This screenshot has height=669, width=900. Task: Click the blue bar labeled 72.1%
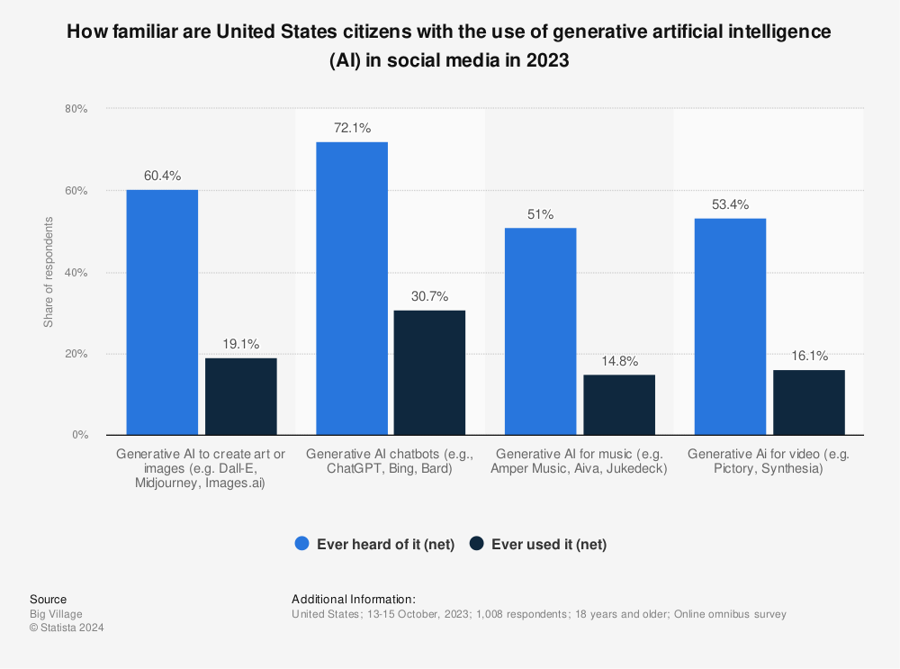pyautogui.click(x=351, y=288)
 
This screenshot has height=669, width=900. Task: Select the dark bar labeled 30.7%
pyautogui.click(x=429, y=373)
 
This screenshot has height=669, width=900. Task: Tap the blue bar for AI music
pyautogui.click(x=540, y=331)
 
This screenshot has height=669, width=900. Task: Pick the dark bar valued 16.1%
pyautogui.click(x=808, y=402)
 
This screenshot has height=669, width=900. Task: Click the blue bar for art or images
pyautogui.click(x=162, y=312)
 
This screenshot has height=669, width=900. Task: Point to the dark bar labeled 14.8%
pyautogui.click(x=619, y=405)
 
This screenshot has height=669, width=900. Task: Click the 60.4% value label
pyautogui.click(x=162, y=176)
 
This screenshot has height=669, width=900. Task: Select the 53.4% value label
pyautogui.click(x=730, y=203)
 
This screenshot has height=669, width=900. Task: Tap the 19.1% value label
pyautogui.click(x=241, y=344)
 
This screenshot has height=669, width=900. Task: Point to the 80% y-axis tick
pyautogui.click(x=76, y=109)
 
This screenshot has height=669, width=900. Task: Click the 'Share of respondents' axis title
pyautogui.click(x=49, y=272)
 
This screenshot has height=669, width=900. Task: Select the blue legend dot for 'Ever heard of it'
pyautogui.click(x=302, y=544)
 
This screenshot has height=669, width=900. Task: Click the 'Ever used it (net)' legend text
pyautogui.click(x=548, y=544)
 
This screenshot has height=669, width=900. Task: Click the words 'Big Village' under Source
pyautogui.click(x=56, y=614)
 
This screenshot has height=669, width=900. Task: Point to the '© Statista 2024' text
pyautogui.click(x=67, y=628)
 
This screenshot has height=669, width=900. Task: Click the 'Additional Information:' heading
pyautogui.click(x=353, y=599)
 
